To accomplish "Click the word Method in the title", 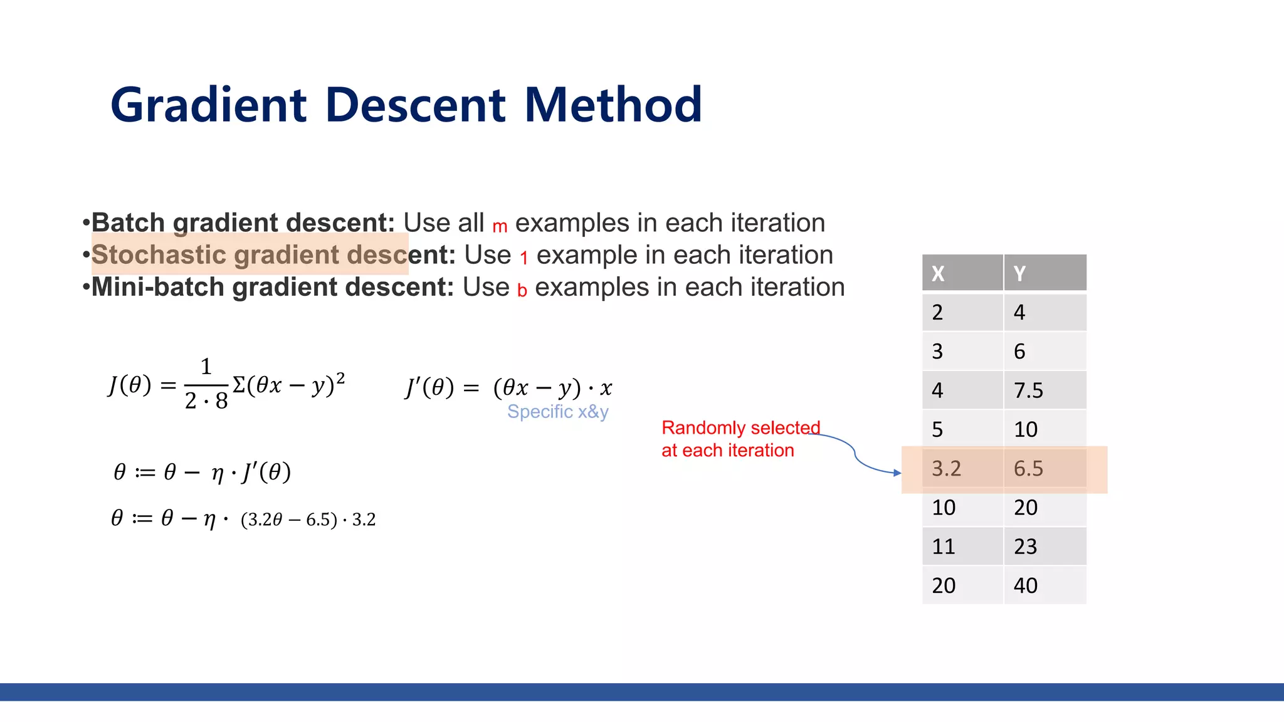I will (613, 105).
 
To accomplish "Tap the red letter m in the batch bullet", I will (500, 227).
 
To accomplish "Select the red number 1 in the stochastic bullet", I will (524, 258).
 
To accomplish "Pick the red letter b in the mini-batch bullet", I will (522, 290).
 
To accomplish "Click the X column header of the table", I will (938, 273).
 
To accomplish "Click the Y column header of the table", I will (1019, 273).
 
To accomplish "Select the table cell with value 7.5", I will (1028, 390).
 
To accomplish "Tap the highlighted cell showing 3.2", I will (946, 469).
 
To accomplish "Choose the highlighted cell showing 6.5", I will (1028, 469).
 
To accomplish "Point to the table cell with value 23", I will (1026, 547).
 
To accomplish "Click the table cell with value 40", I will (1026, 585).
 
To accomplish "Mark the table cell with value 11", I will (943, 547).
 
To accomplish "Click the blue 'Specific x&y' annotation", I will (557, 412).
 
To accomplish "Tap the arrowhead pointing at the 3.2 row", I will (897, 473).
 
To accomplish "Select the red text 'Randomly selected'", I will (740, 428).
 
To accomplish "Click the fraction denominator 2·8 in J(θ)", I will (206, 400).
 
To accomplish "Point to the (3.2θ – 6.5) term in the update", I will (289, 520).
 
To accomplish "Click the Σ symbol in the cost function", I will (238, 384).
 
